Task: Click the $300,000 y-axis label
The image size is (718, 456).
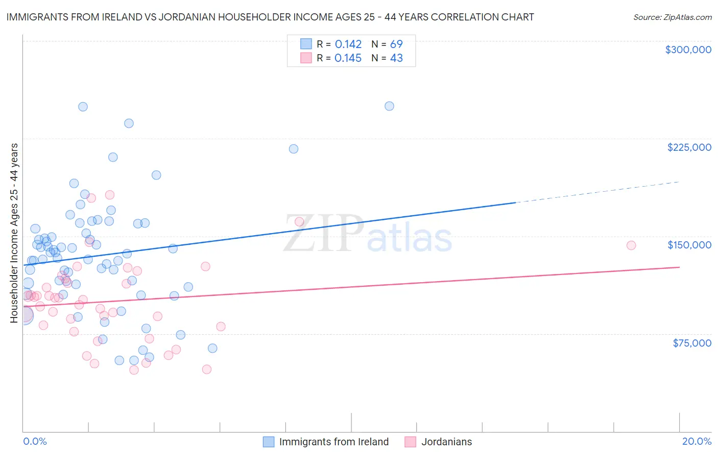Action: (688, 50)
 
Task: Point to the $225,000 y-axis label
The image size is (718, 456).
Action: (689, 147)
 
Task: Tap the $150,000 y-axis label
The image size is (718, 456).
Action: (689, 245)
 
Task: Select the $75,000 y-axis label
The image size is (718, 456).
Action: (691, 343)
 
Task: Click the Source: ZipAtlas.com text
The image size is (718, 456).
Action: (672, 17)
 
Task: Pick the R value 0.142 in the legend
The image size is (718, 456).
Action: (348, 44)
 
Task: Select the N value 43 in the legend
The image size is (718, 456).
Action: (396, 58)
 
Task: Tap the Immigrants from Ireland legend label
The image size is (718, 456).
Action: (333, 442)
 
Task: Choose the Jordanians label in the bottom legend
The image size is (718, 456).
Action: (446, 442)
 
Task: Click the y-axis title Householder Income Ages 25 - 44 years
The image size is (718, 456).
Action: (14, 233)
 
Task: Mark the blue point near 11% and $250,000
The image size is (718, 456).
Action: (389, 106)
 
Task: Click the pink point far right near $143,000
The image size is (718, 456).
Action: (631, 245)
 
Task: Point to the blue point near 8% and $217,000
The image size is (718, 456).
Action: (294, 149)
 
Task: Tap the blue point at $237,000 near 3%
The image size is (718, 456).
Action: (129, 123)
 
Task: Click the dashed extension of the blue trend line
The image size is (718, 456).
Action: (597, 192)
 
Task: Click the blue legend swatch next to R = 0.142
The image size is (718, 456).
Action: (306, 44)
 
